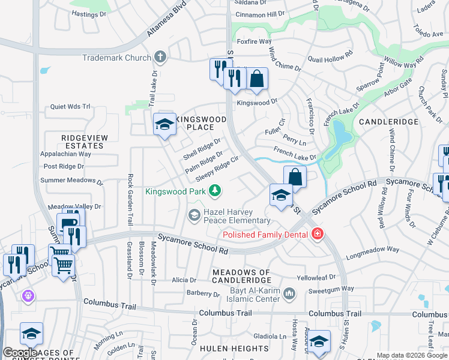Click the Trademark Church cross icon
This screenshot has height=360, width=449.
click(x=160, y=58)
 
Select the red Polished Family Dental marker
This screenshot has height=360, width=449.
click(x=316, y=234)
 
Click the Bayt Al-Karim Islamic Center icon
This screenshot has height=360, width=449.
click(x=289, y=293)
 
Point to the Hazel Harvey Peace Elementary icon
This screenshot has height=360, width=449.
click(x=194, y=214)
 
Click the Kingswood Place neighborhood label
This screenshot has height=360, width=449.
click(x=200, y=123)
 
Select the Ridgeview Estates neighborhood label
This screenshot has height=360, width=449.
click(x=84, y=142)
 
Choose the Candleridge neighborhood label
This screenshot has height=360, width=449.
click(x=388, y=122)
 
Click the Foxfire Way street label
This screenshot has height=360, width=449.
click(x=255, y=41)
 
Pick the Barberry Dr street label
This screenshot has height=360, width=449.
click(x=203, y=294)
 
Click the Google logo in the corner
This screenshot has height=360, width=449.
click(x=20, y=352)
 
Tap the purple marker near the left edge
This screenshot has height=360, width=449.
click(x=27, y=296)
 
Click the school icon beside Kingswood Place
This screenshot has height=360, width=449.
click(x=164, y=125)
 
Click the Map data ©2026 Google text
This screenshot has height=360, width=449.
click(x=411, y=355)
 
